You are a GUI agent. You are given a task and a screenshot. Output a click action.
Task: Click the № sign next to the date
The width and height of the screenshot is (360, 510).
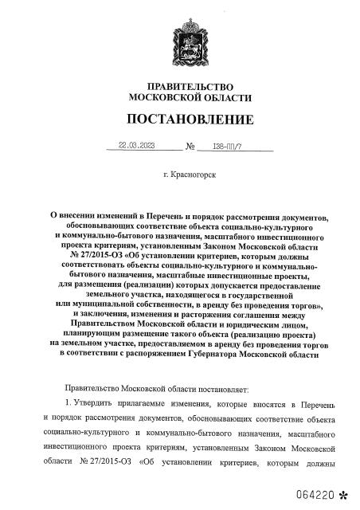191,147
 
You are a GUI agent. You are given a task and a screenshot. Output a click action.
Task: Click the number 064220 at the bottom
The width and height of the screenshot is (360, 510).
311,494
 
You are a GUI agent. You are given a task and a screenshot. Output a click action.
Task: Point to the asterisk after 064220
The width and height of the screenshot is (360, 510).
343,494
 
